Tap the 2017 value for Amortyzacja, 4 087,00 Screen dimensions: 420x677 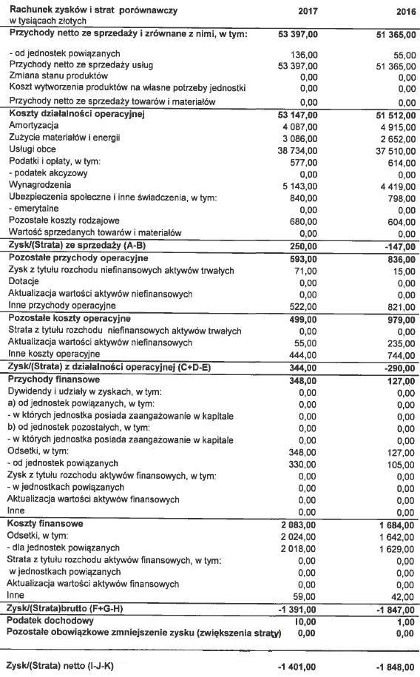(x=297, y=127)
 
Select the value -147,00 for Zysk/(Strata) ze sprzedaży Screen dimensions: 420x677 (x=396, y=245)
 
